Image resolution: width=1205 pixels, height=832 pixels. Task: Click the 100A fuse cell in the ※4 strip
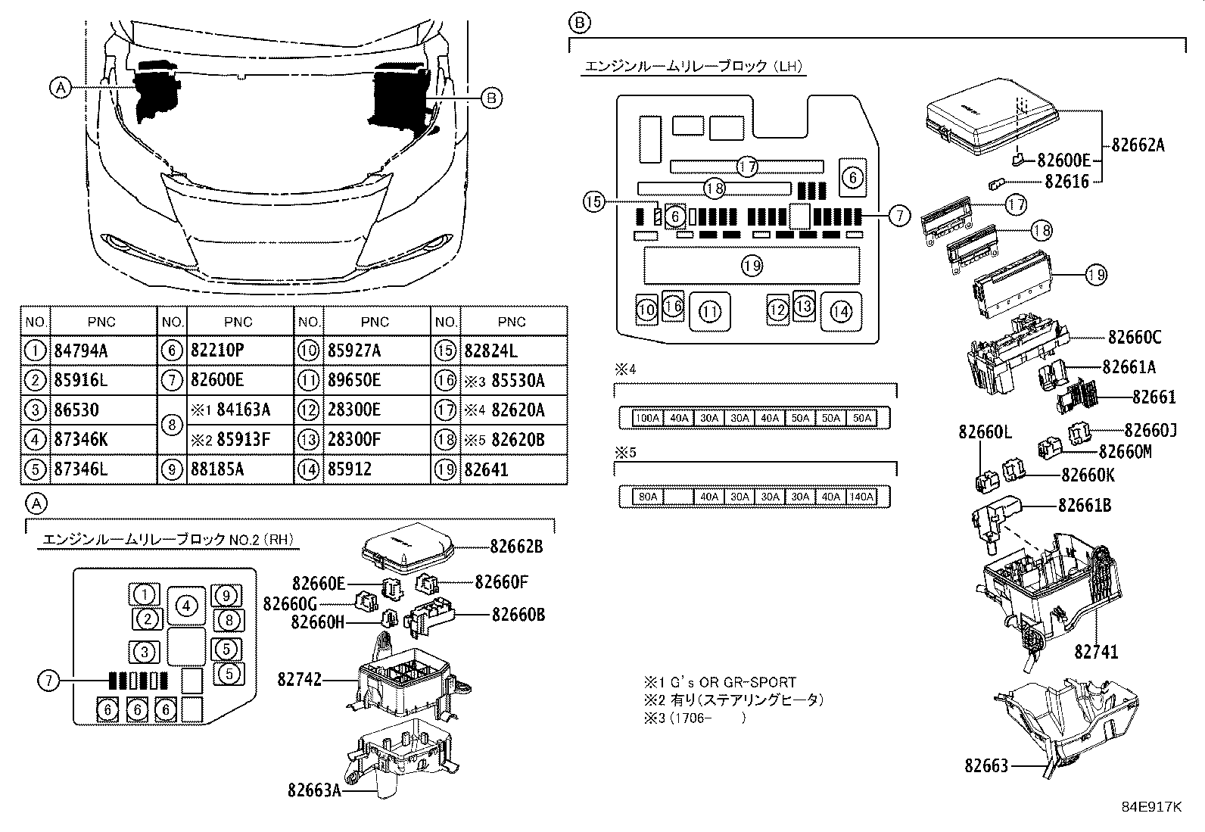click(x=647, y=418)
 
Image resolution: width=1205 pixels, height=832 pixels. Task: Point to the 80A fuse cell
click(x=647, y=497)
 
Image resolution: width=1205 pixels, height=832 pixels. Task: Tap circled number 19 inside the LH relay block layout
click(x=751, y=266)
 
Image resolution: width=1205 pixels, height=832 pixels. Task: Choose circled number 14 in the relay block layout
click(x=840, y=310)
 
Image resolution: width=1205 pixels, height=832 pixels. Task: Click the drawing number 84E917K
click(x=1151, y=807)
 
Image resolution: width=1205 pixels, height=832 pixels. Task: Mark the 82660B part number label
click(x=518, y=614)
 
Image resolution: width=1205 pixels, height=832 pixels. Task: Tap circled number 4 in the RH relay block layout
click(x=186, y=605)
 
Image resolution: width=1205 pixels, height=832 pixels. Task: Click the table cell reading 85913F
click(x=243, y=440)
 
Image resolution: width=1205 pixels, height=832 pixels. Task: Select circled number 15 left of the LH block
click(x=594, y=201)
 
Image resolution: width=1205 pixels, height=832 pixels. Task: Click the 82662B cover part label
click(x=516, y=546)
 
